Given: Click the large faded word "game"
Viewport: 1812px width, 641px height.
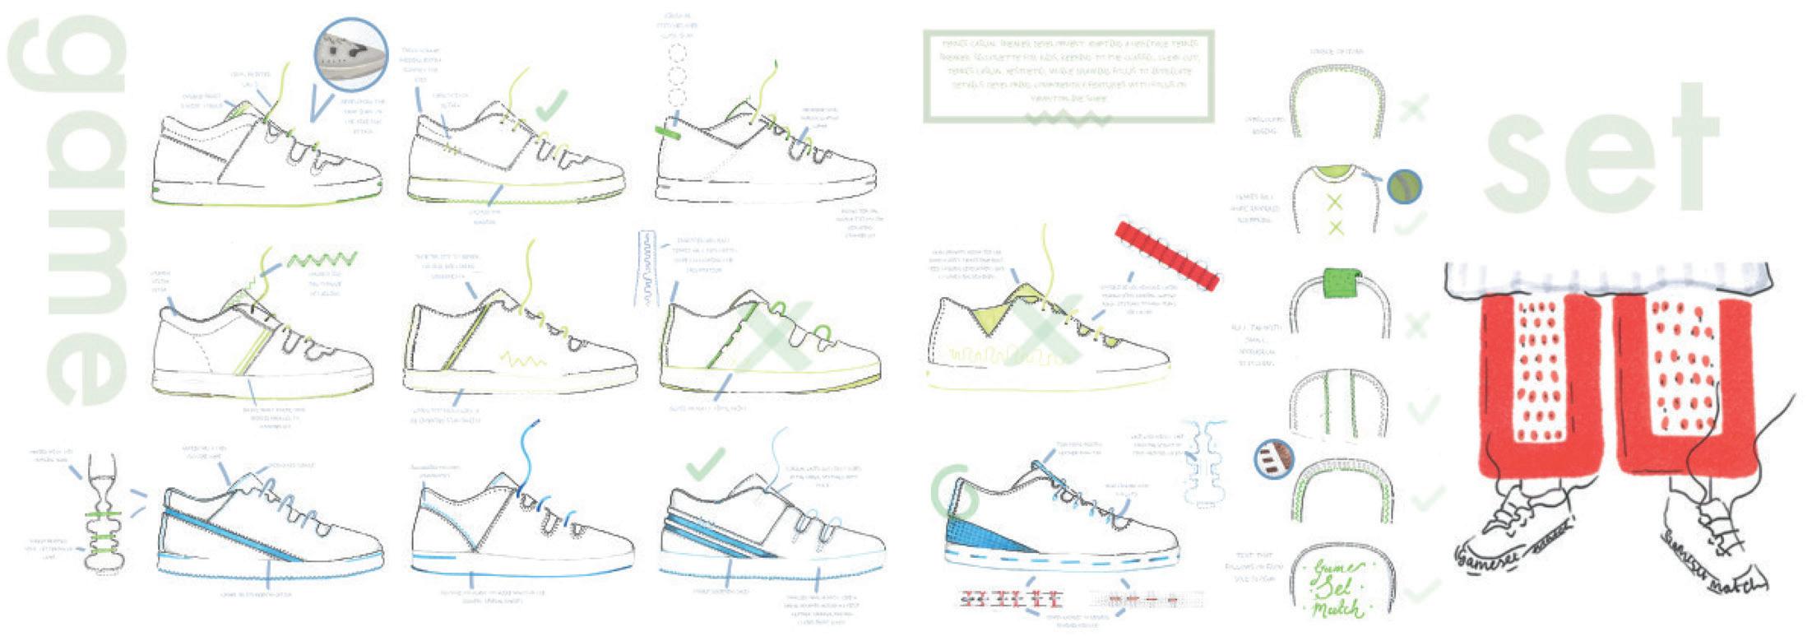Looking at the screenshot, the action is click(x=70, y=210).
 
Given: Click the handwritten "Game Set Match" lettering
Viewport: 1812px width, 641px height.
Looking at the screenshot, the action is click(x=1337, y=588).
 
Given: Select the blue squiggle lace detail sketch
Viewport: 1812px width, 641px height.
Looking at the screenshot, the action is click(x=654, y=267).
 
